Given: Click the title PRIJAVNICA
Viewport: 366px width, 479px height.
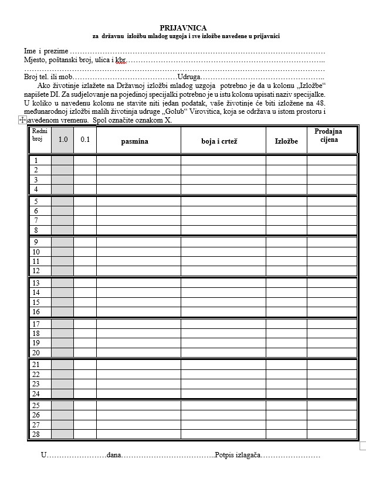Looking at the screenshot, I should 183,28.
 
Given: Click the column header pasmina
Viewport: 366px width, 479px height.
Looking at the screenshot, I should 134,141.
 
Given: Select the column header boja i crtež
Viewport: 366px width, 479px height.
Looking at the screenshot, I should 222,141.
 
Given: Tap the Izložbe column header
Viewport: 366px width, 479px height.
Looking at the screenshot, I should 286,141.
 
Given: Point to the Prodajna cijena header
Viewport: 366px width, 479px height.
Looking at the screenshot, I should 328,135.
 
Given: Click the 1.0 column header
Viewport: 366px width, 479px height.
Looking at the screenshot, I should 63,140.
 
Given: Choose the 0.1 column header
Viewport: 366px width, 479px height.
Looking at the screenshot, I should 85,140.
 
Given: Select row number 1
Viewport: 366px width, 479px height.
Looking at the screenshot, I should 36,161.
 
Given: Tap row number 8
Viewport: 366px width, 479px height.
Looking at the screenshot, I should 36,230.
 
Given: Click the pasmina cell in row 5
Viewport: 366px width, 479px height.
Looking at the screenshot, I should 138,201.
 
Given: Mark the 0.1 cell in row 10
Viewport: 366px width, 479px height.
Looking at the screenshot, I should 85,252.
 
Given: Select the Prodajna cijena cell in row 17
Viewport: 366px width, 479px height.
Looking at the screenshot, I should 332,324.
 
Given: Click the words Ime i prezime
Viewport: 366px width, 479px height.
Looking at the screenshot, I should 46,52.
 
